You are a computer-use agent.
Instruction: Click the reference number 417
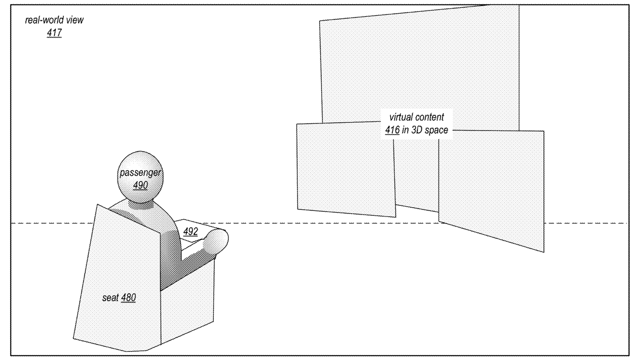pos(54,33)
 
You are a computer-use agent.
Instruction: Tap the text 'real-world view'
pos(54,20)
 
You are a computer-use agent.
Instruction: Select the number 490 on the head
pos(140,185)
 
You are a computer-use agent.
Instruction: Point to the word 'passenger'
pos(140,172)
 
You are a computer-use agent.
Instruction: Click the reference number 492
pos(190,232)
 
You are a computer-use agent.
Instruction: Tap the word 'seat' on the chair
pos(110,298)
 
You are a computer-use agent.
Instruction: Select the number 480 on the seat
pos(128,297)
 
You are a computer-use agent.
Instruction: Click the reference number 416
pos(392,130)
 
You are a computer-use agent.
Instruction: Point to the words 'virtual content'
pos(417,117)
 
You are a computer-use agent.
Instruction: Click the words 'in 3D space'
pos(425,130)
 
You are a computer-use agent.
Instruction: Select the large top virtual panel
pos(419,62)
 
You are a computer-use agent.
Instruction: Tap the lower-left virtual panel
pos(345,169)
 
